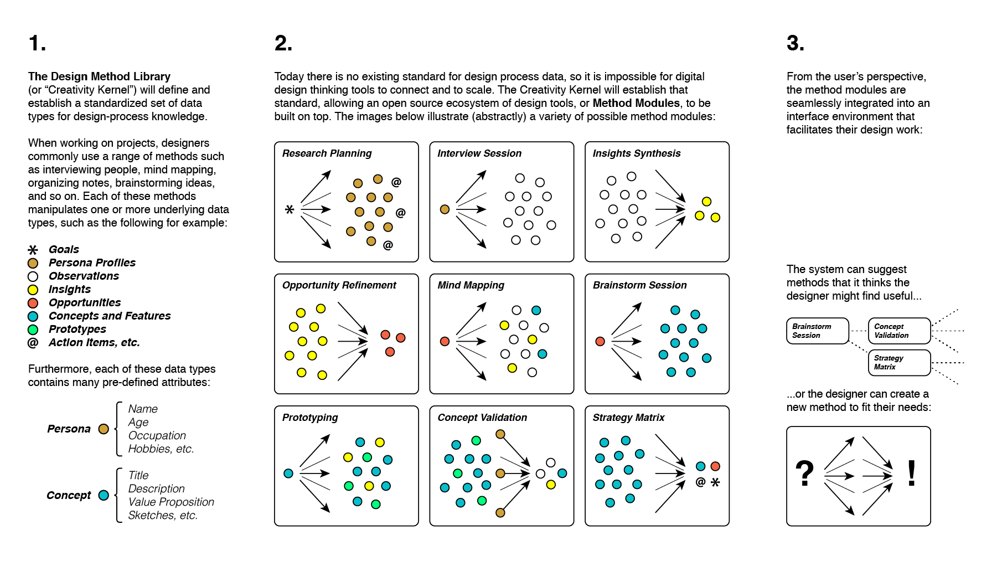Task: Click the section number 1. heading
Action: point(37,43)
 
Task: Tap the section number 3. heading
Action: point(795,43)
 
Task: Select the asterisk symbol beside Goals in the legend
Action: point(33,250)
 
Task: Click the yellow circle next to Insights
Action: point(33,290)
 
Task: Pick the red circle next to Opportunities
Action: point(33,303)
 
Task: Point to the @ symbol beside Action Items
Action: point(33,343)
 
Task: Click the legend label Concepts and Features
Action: point(110,316)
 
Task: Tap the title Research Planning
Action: point(327,153)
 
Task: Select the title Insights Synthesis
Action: point(636,153)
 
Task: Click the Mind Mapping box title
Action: point(471,285)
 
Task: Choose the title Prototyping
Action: point(309,418)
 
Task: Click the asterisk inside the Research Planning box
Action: point(289,210)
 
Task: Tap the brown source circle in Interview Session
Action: point(445,209)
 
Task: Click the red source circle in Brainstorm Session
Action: point(600,341)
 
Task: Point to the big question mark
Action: point(804,474)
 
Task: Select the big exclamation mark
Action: point(911,474)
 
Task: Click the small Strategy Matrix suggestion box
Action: point(899,363)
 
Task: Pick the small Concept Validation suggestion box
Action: point(899,331)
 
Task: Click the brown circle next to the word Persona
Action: point(104,429)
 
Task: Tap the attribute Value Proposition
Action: point(171,502)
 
